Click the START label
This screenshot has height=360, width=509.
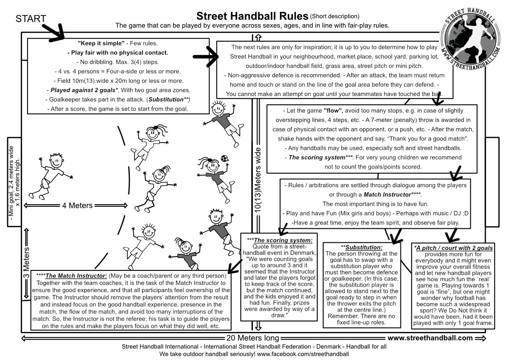point(31,19)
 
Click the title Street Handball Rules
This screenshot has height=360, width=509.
point(252,16)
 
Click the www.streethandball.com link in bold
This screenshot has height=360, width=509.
point(430,338)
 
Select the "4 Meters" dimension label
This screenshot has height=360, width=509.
point(77,205)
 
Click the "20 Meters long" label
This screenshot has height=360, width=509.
point(253,338)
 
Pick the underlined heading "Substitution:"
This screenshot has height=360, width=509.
point(364,247)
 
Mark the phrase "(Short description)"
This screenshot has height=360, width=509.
point(335,17)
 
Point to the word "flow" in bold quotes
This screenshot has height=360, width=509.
point(333,112)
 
